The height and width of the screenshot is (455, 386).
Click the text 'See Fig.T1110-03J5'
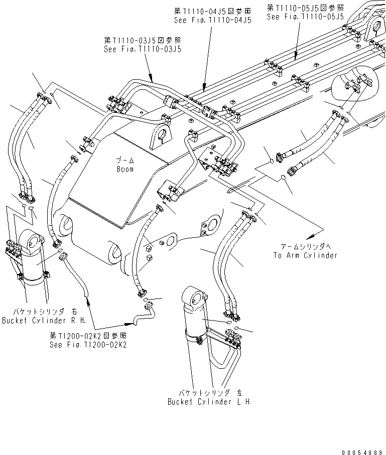pos(142,49)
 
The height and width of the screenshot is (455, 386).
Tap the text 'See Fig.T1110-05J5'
pos(305,17)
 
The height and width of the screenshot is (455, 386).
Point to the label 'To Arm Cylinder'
pos(306,255)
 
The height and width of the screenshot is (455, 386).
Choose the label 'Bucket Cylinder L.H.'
pos(209,402)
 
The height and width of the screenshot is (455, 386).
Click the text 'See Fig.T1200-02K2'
pos(88,345)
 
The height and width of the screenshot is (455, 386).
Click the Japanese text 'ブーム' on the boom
pos(125,161)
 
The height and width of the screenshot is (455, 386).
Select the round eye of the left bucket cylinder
pos(196,300)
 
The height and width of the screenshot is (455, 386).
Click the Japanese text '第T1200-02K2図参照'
pos(88,336)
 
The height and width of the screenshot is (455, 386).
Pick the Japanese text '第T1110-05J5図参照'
pos(305,8)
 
